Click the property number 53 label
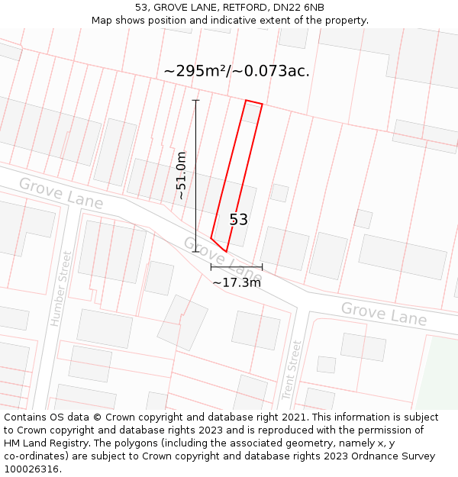point(239,220)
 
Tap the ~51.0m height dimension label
point(181,176)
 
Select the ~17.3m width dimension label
point(237,282)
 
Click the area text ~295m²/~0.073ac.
point(237,72)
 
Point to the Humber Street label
point(60,288)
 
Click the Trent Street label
point(292,370)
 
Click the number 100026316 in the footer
point(31,469)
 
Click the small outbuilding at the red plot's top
point(251,113)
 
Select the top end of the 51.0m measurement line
point(196,100)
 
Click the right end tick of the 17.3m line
point(262,267)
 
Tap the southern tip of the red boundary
point(226,251)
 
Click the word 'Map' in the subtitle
point(102,21)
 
